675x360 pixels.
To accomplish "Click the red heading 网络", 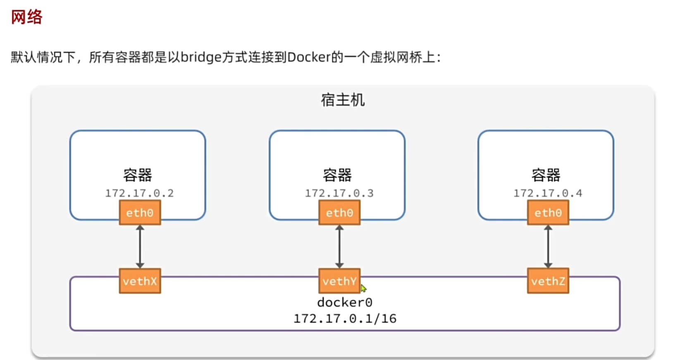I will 26,17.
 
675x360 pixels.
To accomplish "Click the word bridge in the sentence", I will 201,57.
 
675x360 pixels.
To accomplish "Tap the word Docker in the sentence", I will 309,57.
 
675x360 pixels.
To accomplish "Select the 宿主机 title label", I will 343,100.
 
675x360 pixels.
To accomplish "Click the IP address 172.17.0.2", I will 139,193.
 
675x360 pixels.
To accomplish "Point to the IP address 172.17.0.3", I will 339,193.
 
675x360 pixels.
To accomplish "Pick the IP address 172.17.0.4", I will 548,193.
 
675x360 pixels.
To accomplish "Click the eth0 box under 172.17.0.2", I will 140,213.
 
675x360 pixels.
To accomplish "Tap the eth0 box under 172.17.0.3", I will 339,213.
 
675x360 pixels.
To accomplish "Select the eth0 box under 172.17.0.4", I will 548,213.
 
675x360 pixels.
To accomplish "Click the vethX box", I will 140,281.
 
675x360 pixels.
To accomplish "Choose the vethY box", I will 339,281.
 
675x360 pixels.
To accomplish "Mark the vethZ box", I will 548,281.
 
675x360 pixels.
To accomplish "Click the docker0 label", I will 345,303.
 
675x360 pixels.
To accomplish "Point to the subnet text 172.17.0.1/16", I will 345,319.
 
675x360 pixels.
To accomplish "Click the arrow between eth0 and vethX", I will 140,247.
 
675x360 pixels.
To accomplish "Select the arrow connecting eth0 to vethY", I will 339,247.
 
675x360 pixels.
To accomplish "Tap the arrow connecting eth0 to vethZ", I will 548,247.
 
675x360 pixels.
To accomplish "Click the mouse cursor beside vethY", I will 363,288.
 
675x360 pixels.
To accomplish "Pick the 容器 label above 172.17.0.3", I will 337,175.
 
